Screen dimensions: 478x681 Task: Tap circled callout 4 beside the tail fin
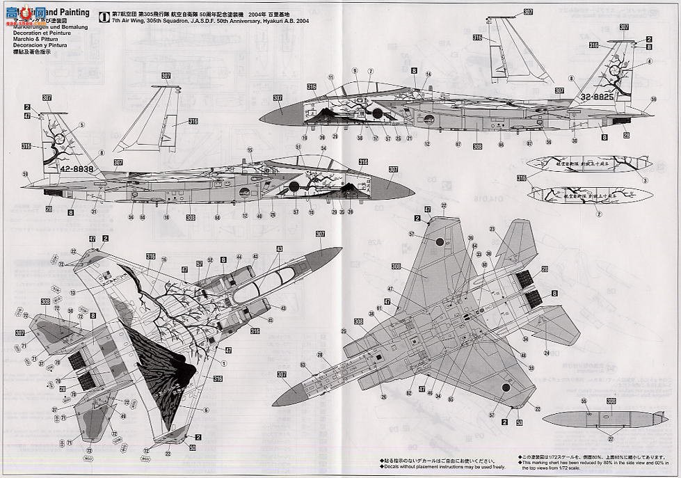(x=644, y=181)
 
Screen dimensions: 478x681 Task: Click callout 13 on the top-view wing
(x=72, y=292)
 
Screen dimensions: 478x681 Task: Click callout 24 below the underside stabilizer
(x=547, y=353)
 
